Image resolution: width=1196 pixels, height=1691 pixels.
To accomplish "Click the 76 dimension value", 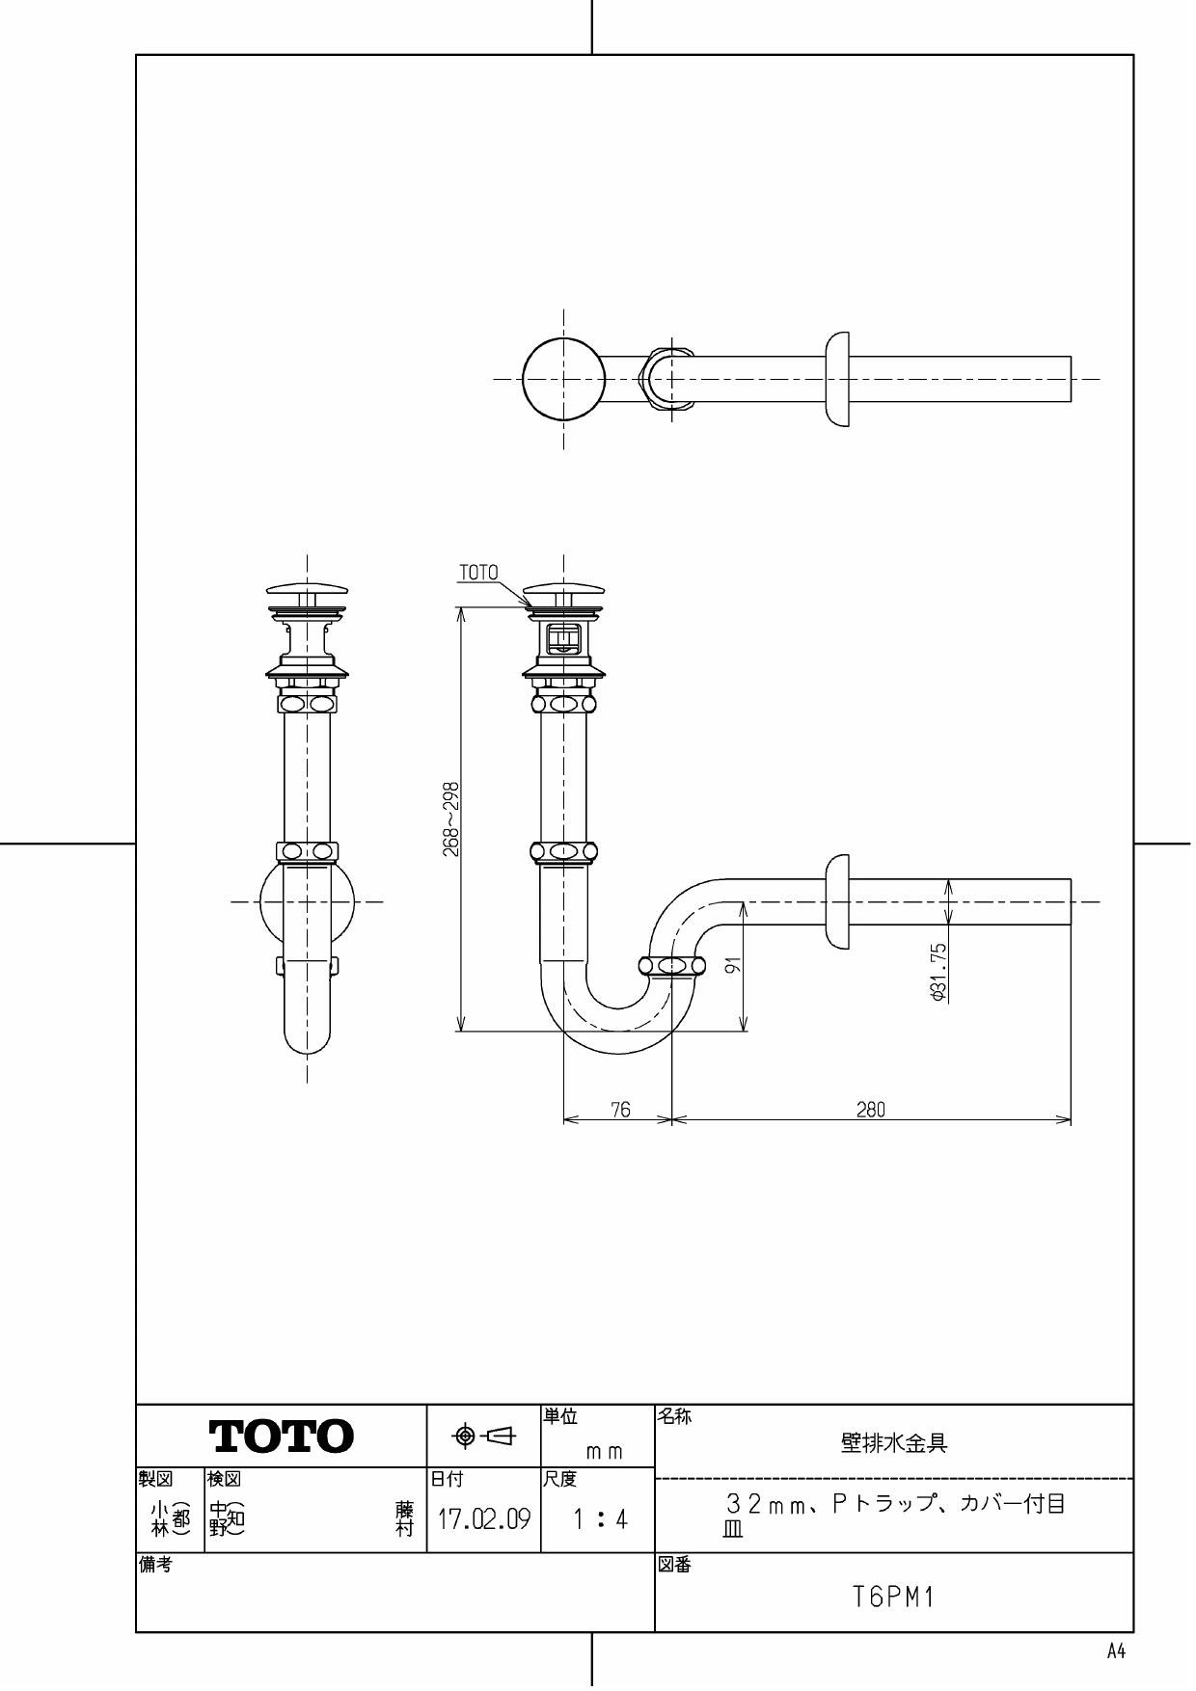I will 620,1110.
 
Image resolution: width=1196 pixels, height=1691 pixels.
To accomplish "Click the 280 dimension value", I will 870,1110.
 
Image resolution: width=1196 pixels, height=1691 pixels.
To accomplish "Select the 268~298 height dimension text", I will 449,819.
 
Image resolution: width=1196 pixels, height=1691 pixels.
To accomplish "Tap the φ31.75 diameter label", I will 939,971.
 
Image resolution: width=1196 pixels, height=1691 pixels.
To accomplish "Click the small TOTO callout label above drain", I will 478,573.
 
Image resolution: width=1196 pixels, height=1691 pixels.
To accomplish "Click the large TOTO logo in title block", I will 281,1436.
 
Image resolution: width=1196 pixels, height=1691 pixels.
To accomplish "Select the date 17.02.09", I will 483,1520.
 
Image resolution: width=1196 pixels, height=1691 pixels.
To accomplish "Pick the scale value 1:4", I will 599,1520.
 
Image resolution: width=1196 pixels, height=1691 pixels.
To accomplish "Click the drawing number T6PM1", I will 893,1597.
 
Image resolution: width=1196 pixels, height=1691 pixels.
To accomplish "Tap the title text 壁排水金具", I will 893,1443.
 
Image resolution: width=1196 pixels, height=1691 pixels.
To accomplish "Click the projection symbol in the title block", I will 484,1436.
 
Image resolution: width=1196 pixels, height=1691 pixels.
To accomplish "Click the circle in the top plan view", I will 564,379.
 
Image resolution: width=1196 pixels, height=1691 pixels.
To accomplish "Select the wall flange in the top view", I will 837,379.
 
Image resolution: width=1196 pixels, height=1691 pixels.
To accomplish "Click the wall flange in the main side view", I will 837,901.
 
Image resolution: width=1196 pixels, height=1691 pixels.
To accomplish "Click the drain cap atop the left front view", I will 307,588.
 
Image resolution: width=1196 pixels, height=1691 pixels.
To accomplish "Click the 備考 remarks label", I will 154,1566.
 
